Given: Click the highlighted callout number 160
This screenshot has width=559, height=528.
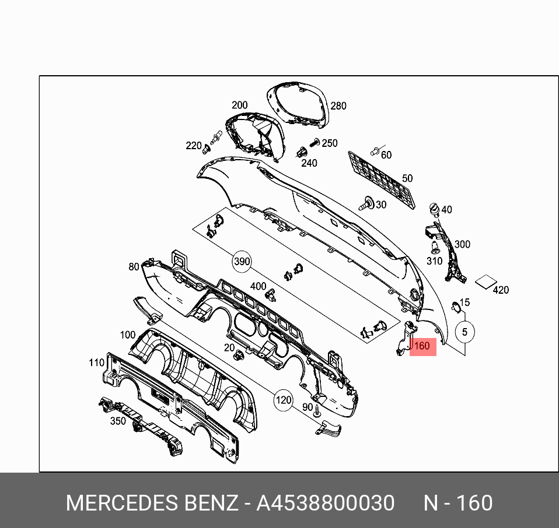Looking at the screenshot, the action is pos(422,346).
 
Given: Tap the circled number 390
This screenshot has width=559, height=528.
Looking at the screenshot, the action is pos(242,262).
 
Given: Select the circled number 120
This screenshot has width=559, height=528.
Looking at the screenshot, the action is pos(283,400).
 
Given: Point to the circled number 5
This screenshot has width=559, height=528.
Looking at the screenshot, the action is pos(464,332).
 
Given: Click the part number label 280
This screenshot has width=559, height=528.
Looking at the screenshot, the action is pos(338,106).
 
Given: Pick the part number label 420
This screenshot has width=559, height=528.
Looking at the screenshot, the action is pos(501,290).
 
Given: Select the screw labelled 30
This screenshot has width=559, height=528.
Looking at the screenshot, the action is pos(368,204).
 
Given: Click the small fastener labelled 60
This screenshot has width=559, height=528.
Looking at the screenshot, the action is pos(375,152).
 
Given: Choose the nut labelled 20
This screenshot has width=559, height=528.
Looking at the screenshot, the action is pos(239,355).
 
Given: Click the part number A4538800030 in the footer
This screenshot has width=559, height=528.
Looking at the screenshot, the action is pos(325,503).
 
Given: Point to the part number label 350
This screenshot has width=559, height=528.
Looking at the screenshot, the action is pos(118,421).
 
